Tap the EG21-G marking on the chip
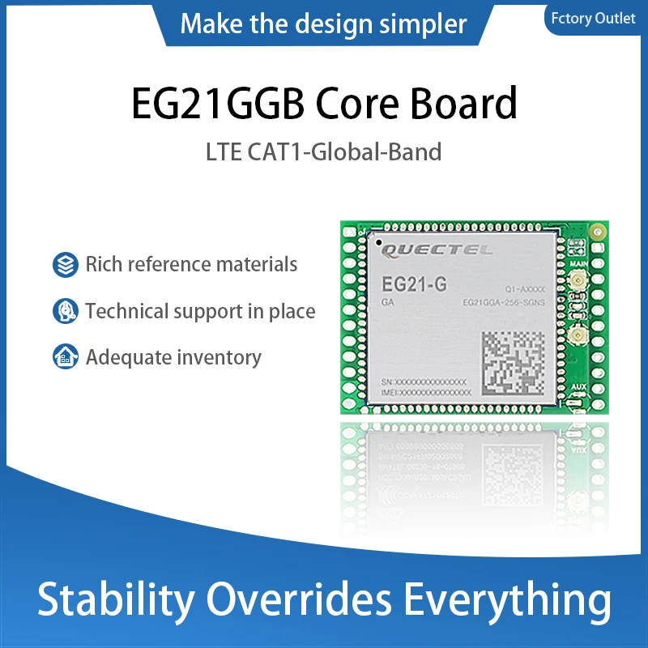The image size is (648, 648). pos(409,283)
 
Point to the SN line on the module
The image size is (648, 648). pos(423,381)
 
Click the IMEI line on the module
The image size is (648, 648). pos(424,392)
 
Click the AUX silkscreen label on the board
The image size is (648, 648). pos(578,387)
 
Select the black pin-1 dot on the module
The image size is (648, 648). pos(377,241)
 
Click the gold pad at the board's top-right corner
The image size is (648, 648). pos(597,232)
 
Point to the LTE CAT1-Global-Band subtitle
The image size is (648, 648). pos(324,151)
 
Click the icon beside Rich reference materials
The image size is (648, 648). pos(64,264)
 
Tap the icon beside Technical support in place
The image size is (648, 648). pos(64,310)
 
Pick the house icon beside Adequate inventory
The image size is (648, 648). pos(64,356)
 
